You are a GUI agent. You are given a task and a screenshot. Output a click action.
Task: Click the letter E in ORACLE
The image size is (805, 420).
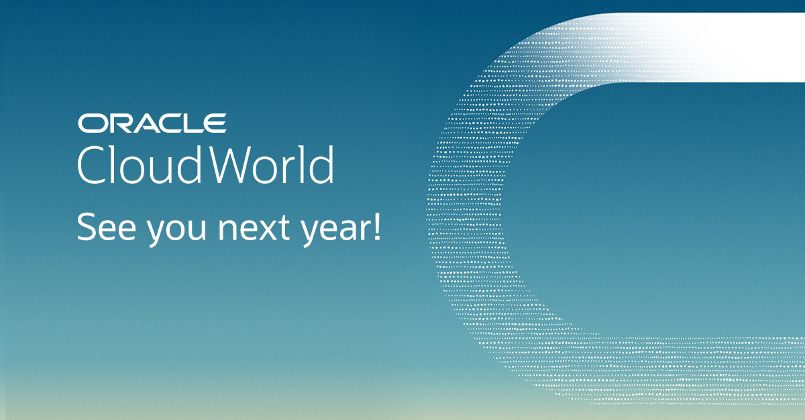pos(214,123)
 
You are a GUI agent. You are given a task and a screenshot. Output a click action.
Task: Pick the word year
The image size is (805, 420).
pos(329,231)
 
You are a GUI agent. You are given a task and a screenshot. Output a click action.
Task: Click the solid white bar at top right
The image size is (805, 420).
pos(724,47)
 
